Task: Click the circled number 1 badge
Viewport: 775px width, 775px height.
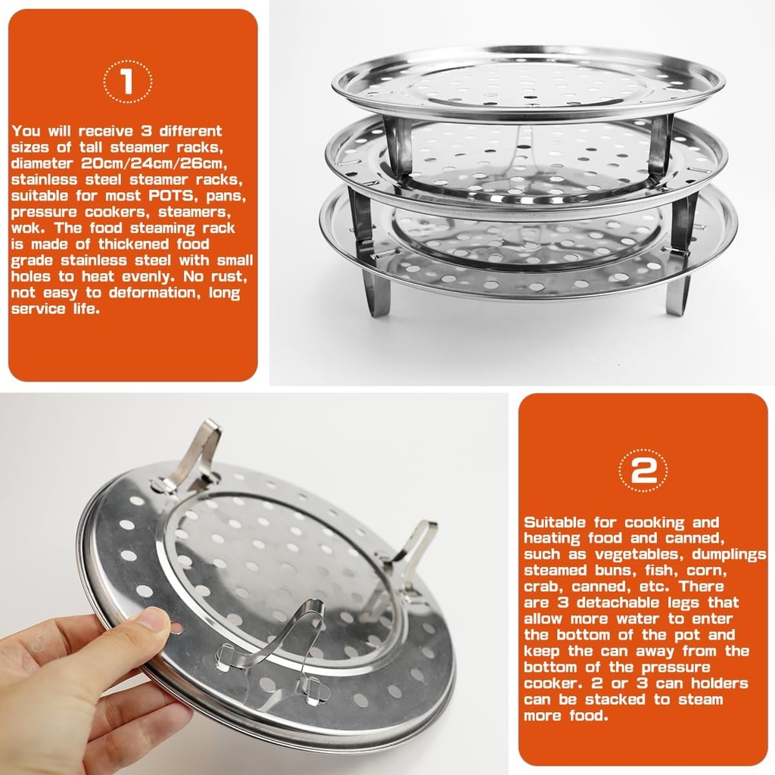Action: pos(127,81)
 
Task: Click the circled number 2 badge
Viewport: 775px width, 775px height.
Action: pos(643,471)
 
